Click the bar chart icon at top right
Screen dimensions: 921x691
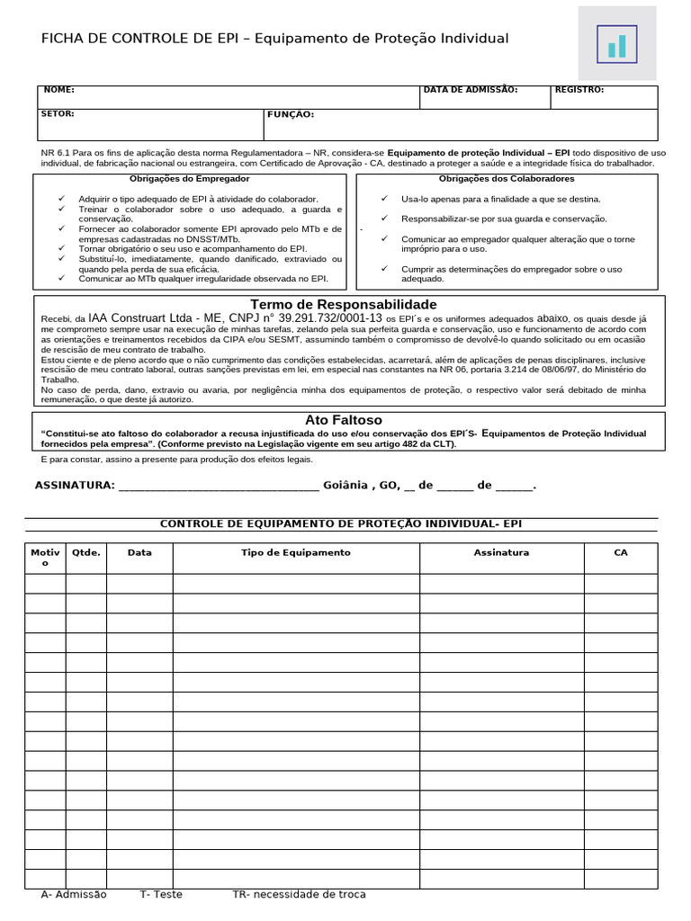[616, 43]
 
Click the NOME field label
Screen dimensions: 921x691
[58, 90]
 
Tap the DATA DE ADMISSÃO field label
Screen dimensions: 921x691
[470, 90]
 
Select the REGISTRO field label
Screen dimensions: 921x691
[579, 90]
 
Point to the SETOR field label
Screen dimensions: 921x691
[58, 114]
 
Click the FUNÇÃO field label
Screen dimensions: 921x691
[290, 114]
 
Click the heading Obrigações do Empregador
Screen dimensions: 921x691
[190, 179]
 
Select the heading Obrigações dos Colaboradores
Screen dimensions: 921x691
[507, 179]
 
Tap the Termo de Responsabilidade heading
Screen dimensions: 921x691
[343, 304]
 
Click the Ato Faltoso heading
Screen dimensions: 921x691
[343, 420]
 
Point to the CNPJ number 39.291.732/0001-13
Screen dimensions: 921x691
[330, 317]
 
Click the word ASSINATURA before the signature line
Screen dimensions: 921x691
[74, 485]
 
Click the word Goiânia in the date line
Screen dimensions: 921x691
[345, 485]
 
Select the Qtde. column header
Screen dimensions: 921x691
[86, 552]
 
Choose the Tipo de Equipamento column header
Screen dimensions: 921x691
[296, 552]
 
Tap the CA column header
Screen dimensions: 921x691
[620, 552]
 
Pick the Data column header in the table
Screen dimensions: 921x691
[139, 552]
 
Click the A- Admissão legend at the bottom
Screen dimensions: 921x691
[74, 894]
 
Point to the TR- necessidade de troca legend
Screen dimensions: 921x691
[299, 894]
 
